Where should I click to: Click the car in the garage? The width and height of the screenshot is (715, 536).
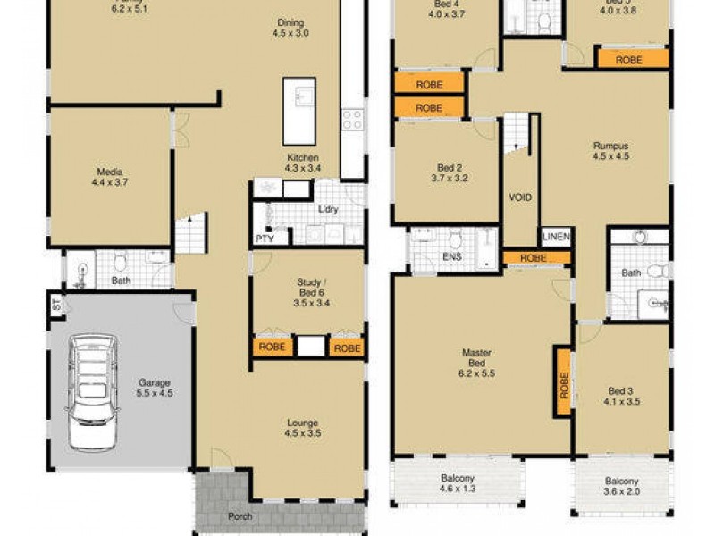pos(91,379)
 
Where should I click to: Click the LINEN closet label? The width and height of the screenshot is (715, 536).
pos(555,238)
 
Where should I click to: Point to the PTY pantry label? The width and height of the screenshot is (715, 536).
pos(265,239)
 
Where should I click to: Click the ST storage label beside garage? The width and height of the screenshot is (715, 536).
pos(55,306)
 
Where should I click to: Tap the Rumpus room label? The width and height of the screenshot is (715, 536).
pos(611,151)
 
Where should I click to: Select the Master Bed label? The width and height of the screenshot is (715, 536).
pos(476,358)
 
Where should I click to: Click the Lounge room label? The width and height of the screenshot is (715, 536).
pos(302,428)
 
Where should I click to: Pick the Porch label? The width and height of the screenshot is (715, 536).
pos(239,516)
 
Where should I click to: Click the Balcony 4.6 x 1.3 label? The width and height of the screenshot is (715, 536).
pos(458,482)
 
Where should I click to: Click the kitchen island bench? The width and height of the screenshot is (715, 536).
pos(299,111)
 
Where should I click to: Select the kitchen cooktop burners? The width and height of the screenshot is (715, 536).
pos(352,118)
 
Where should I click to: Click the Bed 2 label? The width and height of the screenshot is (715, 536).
pos(449,172)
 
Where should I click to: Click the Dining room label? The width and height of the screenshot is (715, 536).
pos(290,29)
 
